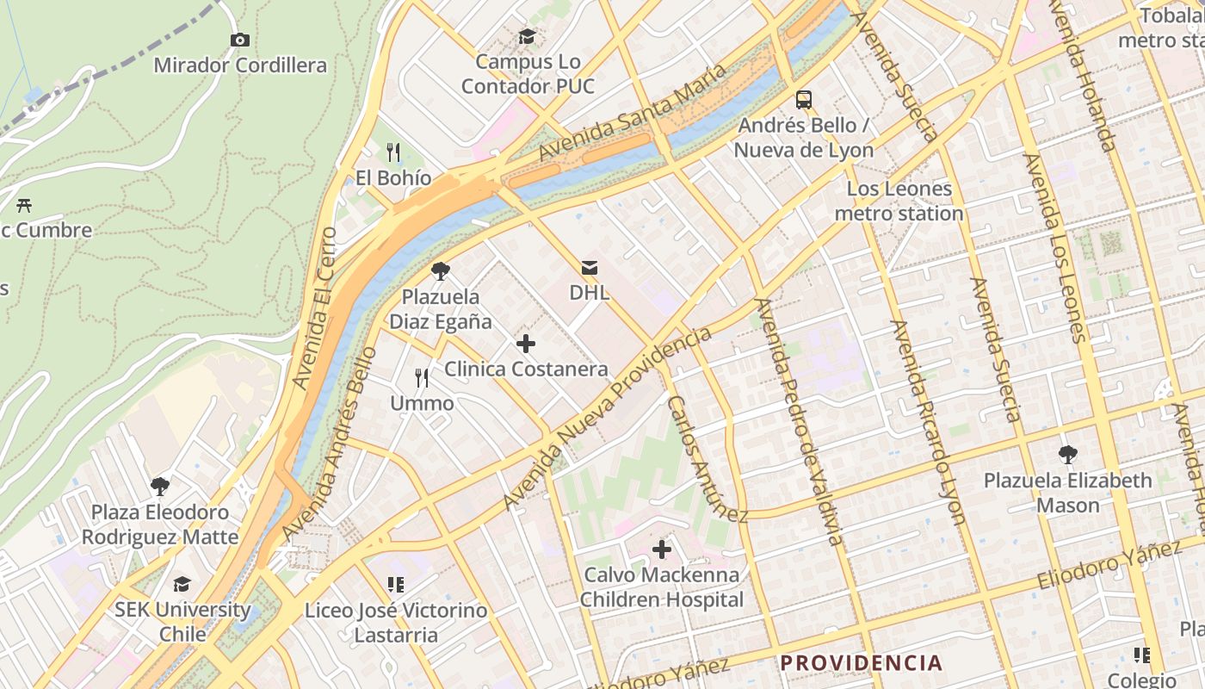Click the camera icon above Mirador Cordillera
240,40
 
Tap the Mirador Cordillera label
240,65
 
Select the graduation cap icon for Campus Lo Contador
527,36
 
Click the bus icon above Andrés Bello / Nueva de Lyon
803,100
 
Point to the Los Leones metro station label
899,202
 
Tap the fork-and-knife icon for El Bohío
393,152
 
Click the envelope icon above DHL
590,268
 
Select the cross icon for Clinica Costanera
526,344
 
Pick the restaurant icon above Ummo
422,377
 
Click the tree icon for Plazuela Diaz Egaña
441,272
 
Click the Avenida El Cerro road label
314,307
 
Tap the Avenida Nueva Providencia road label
607,418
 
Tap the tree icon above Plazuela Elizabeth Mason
1068,454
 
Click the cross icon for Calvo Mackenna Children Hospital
661,549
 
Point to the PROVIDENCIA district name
861,663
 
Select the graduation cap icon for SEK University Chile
182,584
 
